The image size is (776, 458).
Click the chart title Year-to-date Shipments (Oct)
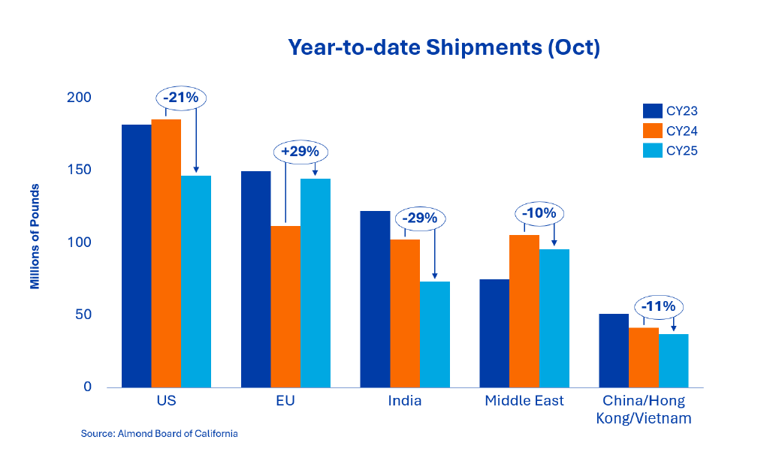tap(444, 47)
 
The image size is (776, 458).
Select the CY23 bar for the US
tap(136, 255)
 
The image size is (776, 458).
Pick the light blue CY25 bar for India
tap(435, 334)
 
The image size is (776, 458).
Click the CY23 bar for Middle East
tap(494, 333)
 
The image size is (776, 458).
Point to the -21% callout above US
tap(181, 98)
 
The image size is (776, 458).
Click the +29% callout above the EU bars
tap(300, 151)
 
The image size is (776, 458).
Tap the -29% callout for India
tap(420, 218)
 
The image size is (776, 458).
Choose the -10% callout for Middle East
tap(539, 213)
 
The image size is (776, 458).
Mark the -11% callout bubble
tap(659, 306)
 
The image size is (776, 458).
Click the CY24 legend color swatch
tap(652, 131)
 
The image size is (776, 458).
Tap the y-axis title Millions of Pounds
tap(35, 237)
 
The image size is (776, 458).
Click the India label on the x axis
tap(405, 401)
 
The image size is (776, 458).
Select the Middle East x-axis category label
tap(524, 401)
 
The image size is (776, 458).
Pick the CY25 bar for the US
tap(196, 282)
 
